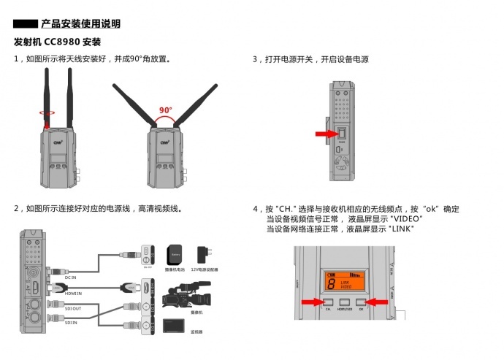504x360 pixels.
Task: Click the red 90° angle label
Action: (x=166, y=111)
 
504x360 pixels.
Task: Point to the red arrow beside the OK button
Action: (x=376, y=301)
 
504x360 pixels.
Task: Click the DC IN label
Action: (x=71, y=277)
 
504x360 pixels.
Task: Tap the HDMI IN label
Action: (x=73, y=293)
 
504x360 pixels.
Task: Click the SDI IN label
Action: (x=71, y=322)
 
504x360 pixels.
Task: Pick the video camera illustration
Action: (x=186, y=298)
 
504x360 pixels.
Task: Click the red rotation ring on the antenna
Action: (x=48, y=112)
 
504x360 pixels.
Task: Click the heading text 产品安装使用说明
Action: (x=80, y=24)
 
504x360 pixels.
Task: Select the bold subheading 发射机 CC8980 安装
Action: (x=56, y=42)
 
